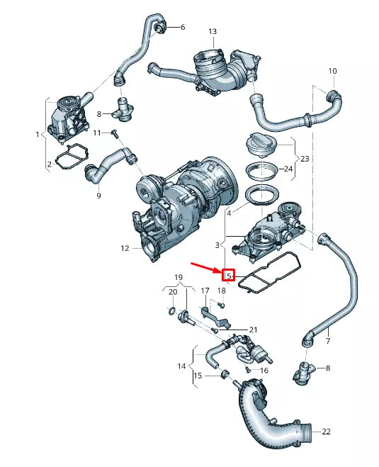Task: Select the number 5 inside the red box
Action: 229,275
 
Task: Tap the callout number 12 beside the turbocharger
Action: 125,249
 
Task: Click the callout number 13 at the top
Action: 213,32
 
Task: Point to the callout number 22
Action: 326,432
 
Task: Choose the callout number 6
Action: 182,28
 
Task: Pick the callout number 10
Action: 332,71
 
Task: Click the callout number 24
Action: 288,169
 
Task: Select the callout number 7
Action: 328,342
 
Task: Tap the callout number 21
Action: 254,330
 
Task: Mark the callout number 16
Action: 264,370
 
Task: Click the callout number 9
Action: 98,195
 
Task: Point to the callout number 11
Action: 98,133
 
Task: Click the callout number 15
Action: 198,375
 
